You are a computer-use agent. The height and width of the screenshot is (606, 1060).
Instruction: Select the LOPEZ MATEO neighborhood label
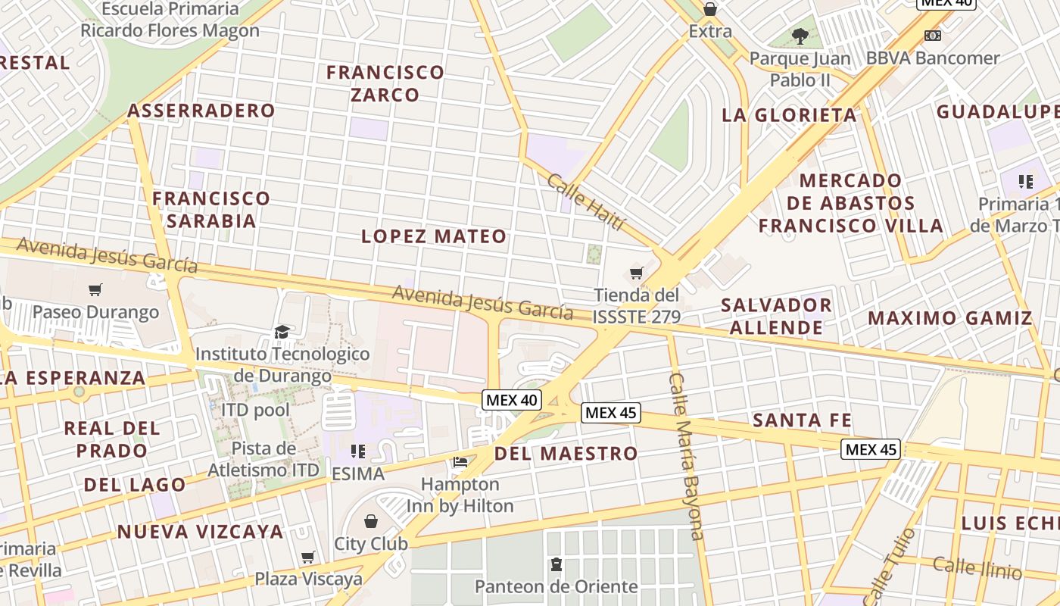coord(434,236)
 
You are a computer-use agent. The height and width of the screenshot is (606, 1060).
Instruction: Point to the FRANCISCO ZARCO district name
coord(385,83)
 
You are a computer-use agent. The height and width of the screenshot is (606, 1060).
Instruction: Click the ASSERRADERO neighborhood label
coord(201,111)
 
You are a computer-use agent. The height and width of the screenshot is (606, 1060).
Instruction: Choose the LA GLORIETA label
coord(790,115)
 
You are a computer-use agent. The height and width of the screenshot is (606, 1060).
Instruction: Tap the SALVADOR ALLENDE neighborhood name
coord(776,316)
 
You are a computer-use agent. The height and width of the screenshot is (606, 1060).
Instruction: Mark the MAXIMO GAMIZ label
coord(950,318)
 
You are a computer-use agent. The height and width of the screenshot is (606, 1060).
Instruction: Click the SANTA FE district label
coord(803,420)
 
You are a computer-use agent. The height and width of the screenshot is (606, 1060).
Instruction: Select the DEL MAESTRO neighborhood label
coord(566,454)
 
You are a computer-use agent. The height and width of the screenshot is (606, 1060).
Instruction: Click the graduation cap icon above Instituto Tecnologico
coord(282,332)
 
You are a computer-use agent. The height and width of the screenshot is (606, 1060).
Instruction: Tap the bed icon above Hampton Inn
coord(460,461)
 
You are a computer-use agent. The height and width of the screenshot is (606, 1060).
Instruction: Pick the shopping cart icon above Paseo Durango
coord(95,289)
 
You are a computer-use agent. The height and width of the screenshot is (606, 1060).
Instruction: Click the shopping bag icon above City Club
coord(371,521)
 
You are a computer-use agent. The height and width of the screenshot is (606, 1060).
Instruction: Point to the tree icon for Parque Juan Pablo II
coord(800,36)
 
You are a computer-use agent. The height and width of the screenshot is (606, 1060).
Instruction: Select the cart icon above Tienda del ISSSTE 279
coord(637,273)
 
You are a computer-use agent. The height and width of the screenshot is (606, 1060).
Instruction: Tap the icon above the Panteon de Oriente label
coord(556,564)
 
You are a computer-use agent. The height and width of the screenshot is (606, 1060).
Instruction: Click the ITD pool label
coord(255,410)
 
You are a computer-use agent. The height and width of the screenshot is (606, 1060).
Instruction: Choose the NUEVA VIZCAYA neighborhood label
coord(200,532)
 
